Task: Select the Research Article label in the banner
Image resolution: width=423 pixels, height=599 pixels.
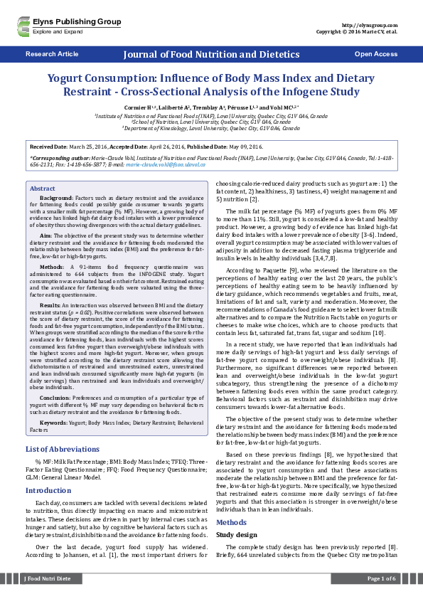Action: pos(52,54)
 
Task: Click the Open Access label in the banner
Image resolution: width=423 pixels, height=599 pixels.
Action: pos(375,54)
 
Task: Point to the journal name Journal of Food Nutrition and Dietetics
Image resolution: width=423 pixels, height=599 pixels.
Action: pos(210,54)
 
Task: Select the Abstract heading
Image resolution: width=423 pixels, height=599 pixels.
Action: pos(42,188)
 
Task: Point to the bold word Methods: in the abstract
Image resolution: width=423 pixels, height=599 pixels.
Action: pos(51,265)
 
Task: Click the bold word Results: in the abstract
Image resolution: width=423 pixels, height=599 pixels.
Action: pos(50,303)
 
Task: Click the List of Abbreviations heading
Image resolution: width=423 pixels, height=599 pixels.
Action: pos(61,449)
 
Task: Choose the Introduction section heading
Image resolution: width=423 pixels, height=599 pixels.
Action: pos(48,490)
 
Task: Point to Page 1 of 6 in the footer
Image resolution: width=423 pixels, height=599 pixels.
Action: pos(381,579)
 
